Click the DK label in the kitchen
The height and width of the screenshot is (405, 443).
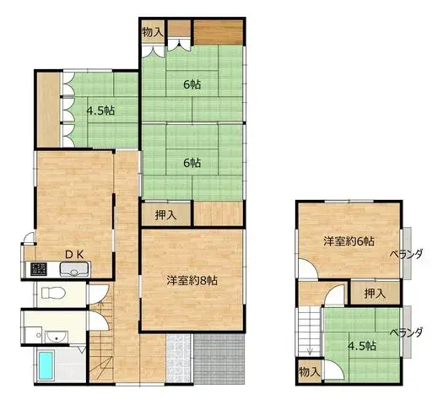point(74,255)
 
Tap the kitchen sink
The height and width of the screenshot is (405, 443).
point(74,269)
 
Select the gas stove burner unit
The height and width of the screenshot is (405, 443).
point(39,269)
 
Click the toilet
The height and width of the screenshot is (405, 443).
point(53,293)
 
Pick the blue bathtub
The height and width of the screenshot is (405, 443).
point(46,365)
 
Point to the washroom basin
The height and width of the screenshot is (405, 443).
point(57,337)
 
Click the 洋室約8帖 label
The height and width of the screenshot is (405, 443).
point(192,280)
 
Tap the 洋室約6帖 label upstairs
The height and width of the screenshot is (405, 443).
point(349,241)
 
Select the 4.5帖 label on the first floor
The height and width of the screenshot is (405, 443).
point(100,111)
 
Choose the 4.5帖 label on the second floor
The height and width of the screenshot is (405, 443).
point(362,346)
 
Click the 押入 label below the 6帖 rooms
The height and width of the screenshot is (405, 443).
point(166,215)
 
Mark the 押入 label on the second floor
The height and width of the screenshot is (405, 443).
point(375,294)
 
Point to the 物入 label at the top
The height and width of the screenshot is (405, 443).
point(153,32)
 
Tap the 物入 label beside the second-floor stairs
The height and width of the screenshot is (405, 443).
point(310,372)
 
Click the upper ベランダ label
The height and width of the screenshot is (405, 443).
point(407,254)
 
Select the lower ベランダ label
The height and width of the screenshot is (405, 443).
point(407,332)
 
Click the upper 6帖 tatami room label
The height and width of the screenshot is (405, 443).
point(192,84)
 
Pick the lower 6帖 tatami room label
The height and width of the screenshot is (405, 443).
point(192,163)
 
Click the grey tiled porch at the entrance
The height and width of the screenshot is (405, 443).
point(219,359)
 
